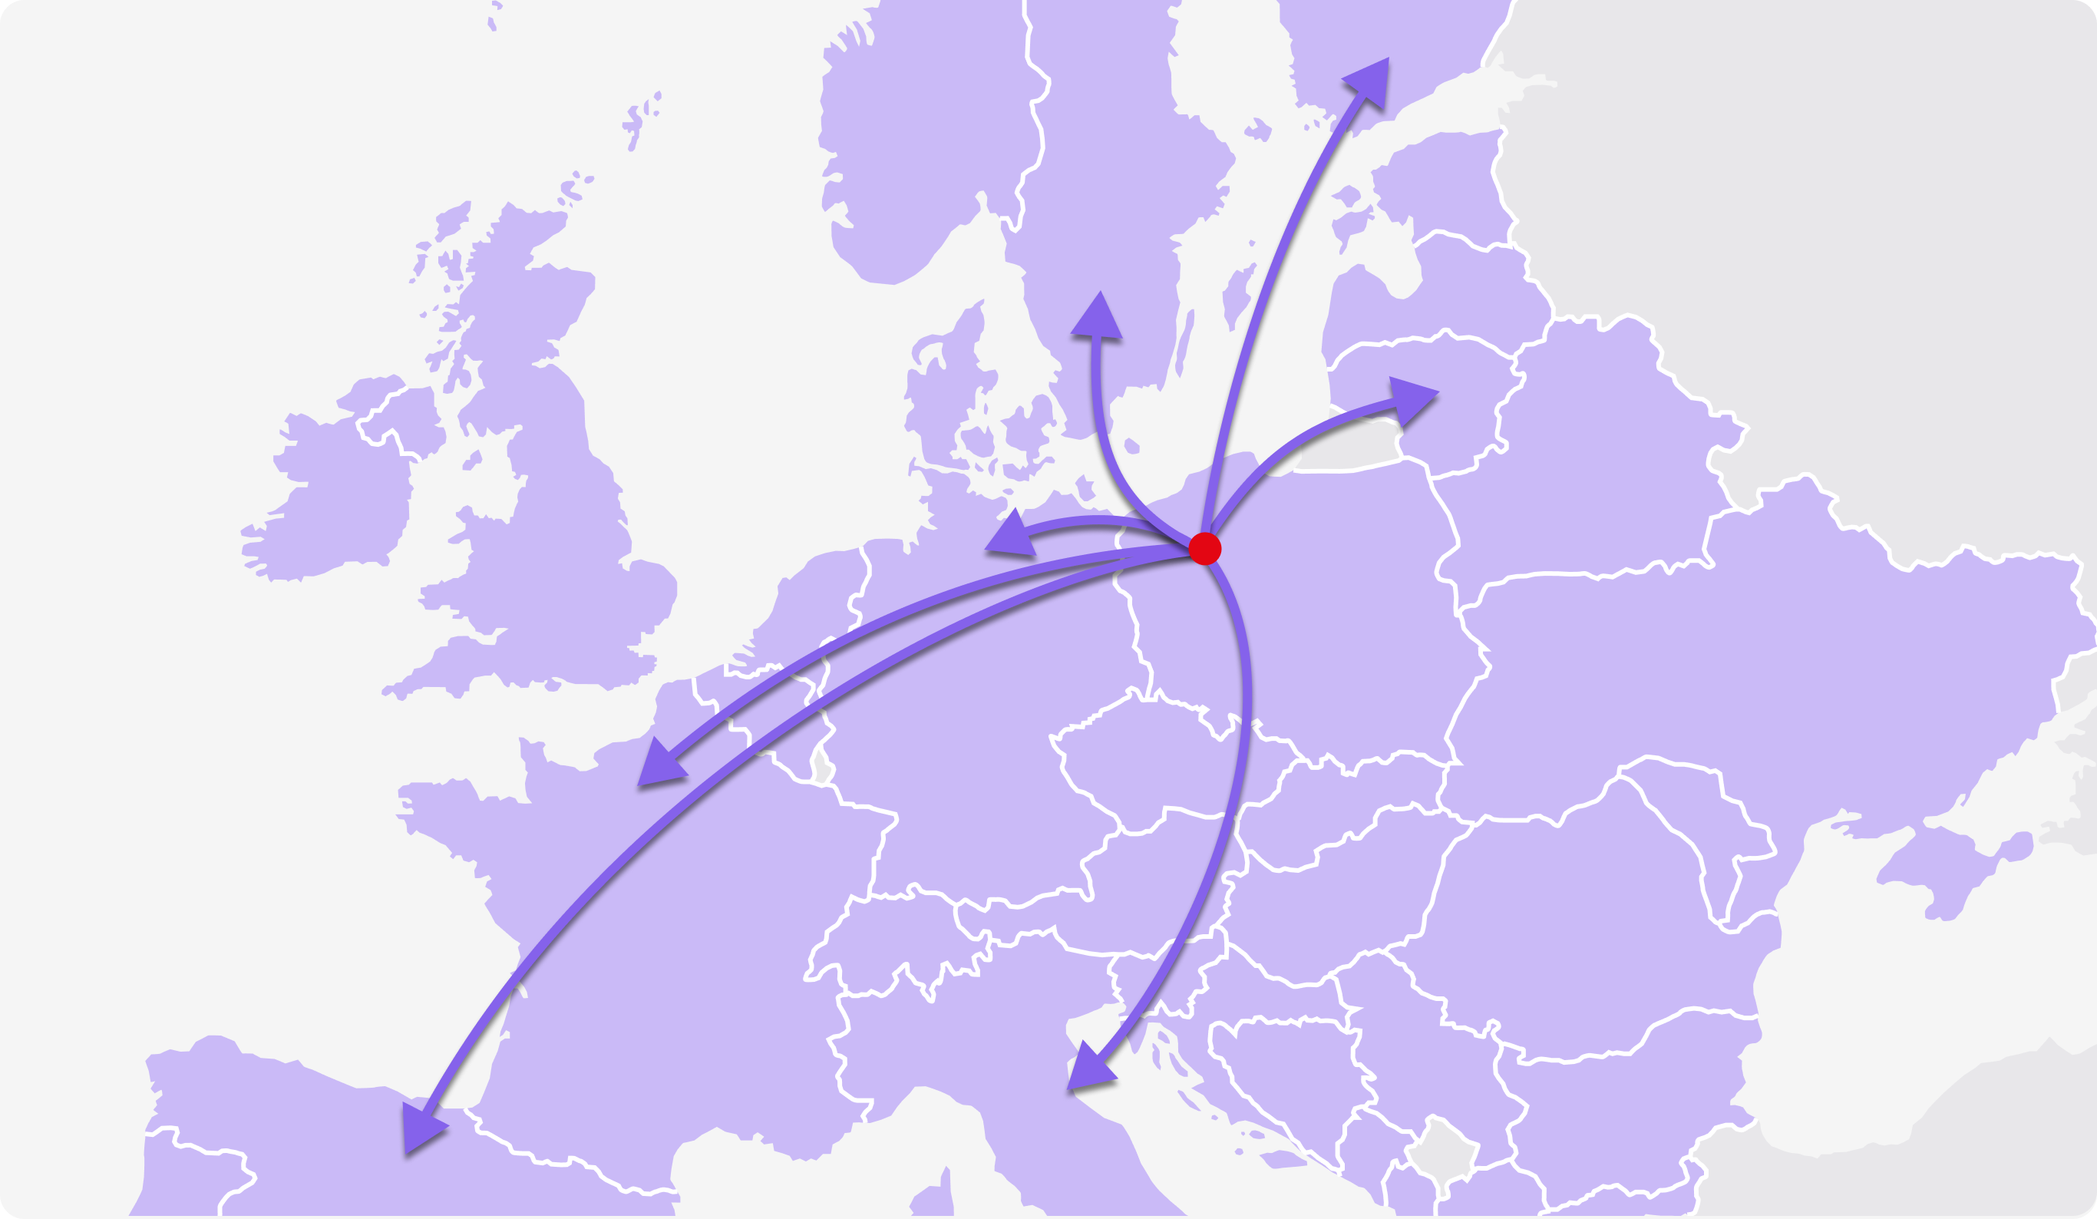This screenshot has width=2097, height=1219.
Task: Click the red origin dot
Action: [x=1204, y=548]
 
